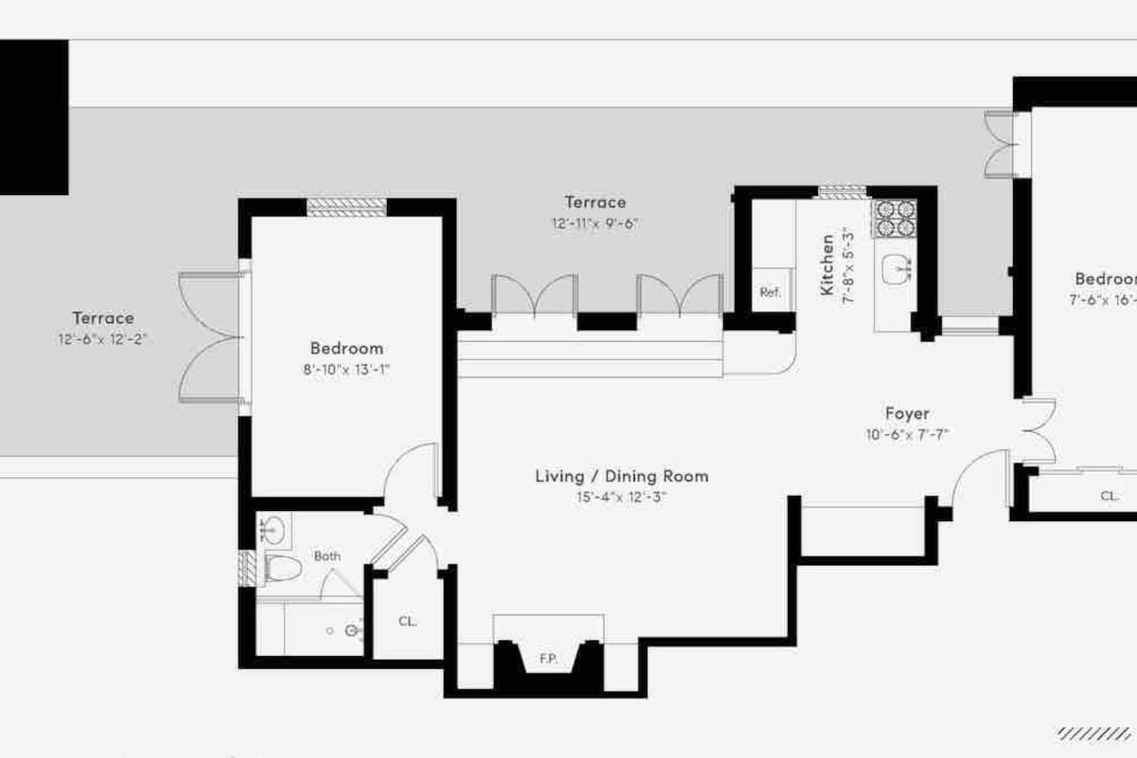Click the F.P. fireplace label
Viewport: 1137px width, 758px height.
tap(548, 659)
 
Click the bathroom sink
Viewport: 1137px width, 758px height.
tap(274, 530)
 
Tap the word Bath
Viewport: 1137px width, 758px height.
tap(327, 556)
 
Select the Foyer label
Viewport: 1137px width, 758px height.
tap(907, 414)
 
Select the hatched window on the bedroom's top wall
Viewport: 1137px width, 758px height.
tap(347, 207)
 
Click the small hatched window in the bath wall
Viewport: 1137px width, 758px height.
tap(247, 568)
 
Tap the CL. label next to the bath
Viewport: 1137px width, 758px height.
tap(407, 621)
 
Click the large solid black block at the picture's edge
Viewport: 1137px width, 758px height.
tap(34, 118)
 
